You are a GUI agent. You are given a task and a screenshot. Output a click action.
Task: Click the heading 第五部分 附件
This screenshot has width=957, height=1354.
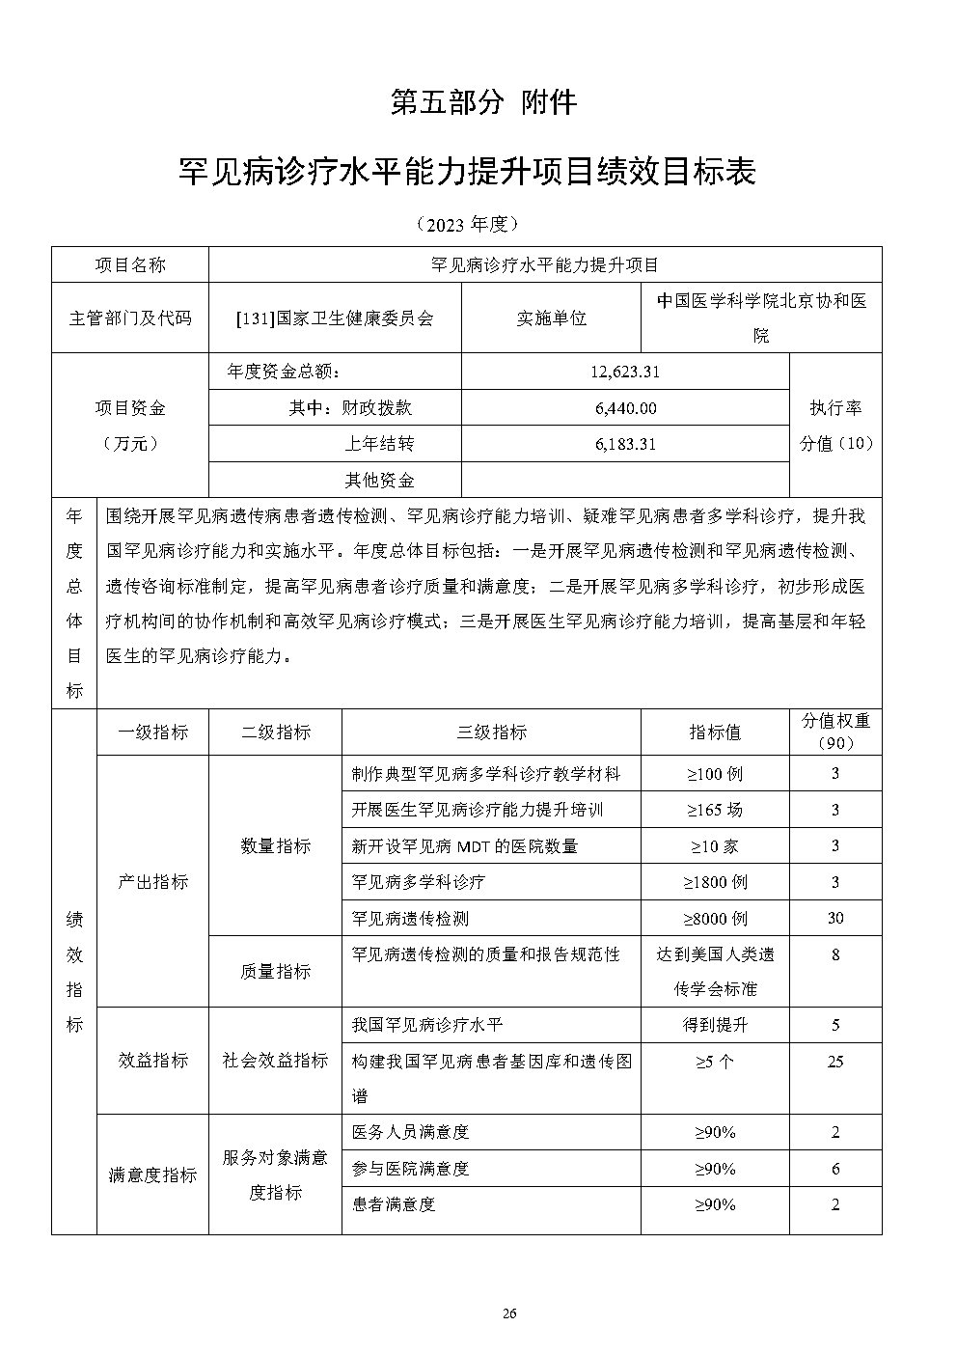483,101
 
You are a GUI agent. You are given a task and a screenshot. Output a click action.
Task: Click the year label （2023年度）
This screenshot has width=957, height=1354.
468,224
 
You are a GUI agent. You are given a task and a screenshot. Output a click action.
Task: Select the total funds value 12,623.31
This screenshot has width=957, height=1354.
625,372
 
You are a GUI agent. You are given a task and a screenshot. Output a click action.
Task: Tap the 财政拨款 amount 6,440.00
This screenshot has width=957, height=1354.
625,408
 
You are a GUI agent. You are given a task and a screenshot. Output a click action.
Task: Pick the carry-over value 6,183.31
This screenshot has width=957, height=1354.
625,444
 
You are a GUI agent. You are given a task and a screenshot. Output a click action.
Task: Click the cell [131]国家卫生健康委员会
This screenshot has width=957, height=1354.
335,318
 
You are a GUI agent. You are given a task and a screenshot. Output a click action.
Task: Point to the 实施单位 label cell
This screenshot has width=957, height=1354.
551,318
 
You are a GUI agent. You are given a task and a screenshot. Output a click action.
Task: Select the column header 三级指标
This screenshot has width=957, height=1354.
491,732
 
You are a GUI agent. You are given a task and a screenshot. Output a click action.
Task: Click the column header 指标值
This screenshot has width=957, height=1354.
715,732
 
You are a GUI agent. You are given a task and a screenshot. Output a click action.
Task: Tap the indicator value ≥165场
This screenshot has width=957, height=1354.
715,810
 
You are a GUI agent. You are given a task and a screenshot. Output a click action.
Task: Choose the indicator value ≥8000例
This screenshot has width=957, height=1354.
715,919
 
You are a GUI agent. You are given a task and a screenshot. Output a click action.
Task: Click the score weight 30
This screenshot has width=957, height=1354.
835,919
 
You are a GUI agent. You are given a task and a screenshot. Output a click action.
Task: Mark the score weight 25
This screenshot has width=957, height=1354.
835,1062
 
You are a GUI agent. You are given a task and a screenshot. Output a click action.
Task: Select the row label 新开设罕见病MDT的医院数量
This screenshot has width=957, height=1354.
464,846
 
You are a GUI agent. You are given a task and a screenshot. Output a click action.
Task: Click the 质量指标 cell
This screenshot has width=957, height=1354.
275,972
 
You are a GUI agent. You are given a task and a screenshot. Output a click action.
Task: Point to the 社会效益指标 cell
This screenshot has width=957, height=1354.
275,1061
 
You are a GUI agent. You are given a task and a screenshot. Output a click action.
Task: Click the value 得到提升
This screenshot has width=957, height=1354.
715,1025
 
